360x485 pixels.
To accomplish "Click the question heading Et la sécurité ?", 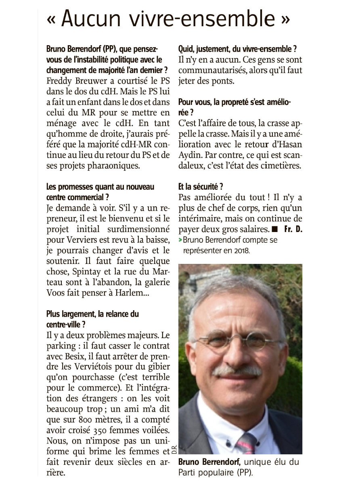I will pos(201,187).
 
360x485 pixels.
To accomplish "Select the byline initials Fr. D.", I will pos(293,229).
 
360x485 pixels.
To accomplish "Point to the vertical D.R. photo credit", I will pos(175,448).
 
